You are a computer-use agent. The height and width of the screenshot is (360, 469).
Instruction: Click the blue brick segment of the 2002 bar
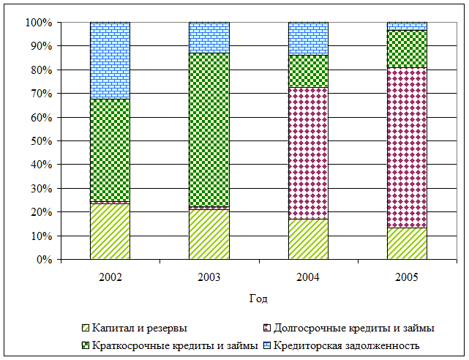point(110,60)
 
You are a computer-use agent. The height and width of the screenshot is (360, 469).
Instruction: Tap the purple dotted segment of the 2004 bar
point(308,153)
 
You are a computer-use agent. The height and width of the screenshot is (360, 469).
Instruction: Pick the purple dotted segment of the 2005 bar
point(407,147)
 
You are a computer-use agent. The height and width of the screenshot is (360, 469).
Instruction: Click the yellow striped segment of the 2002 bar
point(110,231)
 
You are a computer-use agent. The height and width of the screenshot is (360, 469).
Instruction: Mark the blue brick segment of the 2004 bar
point(308,38)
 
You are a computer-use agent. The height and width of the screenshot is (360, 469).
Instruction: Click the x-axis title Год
point(258,299)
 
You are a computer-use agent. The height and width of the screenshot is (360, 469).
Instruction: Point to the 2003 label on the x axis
point(209,277)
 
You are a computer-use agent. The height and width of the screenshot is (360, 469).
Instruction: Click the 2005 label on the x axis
point(407,277)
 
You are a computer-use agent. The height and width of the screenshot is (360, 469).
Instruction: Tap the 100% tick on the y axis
point(38,23)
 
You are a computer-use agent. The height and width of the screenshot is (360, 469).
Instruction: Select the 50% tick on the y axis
point(40,141)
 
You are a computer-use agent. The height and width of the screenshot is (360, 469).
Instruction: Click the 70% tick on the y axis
point(40,94)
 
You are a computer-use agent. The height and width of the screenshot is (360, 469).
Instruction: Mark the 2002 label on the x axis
point(110,277)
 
